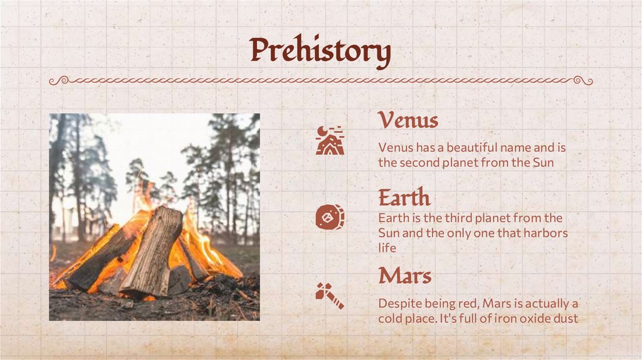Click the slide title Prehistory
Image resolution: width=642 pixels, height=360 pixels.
(320, 51)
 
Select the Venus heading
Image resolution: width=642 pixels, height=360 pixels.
(408, 120)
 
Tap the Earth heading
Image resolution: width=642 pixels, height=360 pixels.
(404, 198)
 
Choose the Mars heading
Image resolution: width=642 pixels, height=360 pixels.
(404, 275)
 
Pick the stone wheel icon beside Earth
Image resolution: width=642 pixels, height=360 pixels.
(329, 218)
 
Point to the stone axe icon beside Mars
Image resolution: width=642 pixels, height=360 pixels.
(329, 295)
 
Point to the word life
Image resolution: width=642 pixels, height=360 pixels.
(387, 248)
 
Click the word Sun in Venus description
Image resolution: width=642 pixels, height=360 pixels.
(543, 162)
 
